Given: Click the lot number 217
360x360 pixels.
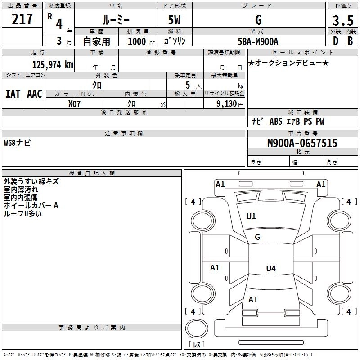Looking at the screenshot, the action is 22,19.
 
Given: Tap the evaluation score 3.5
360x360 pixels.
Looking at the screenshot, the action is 343,21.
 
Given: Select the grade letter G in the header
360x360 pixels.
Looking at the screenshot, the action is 258,20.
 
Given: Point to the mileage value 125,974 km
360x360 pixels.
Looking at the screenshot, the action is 53,64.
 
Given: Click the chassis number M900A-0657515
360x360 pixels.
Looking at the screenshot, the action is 302,144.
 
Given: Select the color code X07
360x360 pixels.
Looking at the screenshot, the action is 75,103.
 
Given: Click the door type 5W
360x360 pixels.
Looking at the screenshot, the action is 175,20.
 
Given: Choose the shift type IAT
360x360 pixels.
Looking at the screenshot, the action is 13,94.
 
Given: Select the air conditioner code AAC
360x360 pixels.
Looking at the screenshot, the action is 35,94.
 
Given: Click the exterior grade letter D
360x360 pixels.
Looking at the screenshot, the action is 335,41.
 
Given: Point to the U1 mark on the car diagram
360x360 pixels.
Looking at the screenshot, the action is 251,216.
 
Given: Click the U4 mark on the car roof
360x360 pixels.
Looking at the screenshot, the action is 270,269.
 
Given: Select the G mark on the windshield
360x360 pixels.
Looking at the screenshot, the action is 257,237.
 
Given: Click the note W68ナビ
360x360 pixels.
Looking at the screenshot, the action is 17,144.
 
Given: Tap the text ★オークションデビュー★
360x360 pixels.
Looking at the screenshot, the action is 288,63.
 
